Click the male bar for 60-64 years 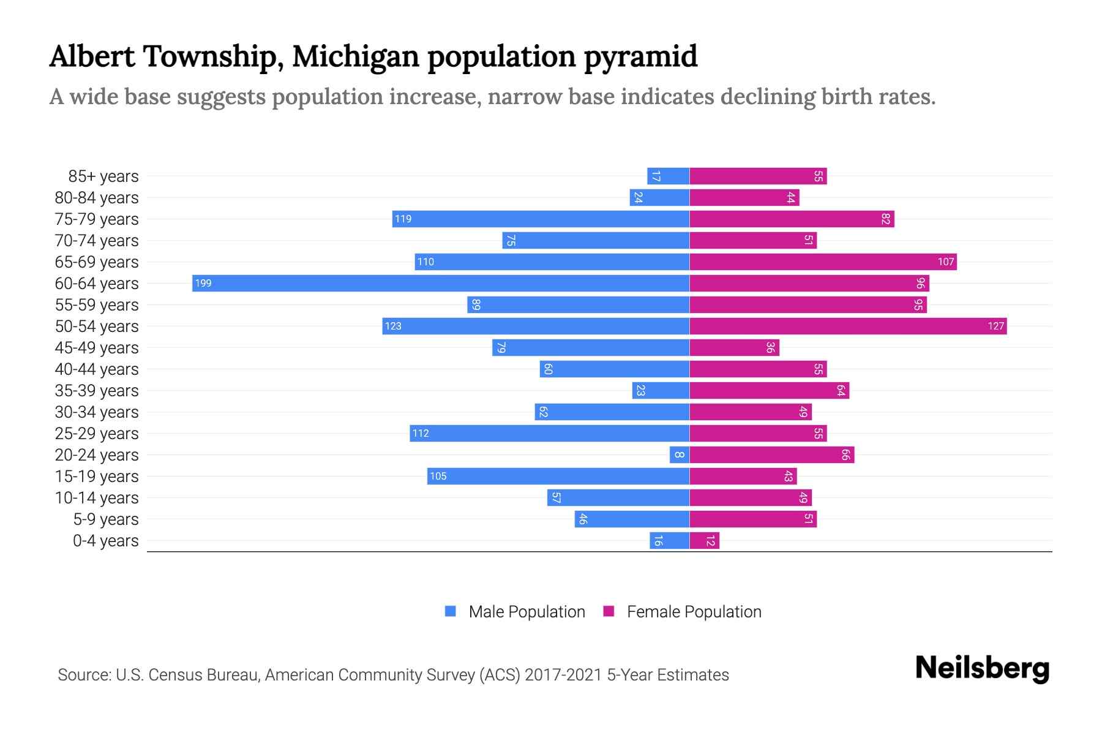click(441, 283)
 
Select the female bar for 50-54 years click(848, 326)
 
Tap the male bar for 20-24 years click(680, 454)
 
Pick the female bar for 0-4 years click(704, 540)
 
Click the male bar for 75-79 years click(541, 219)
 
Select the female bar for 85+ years click(758, 176)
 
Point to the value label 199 click(203, 283)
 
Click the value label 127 click(995, 326)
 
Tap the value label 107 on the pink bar click(945, 262)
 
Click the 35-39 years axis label click(97, 390)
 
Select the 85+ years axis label click(103, 176)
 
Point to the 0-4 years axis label click(105, 540)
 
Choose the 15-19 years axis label click(97, 476)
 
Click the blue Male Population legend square click(451, 611)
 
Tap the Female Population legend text click(694, 611)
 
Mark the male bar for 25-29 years click(549, 433)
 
